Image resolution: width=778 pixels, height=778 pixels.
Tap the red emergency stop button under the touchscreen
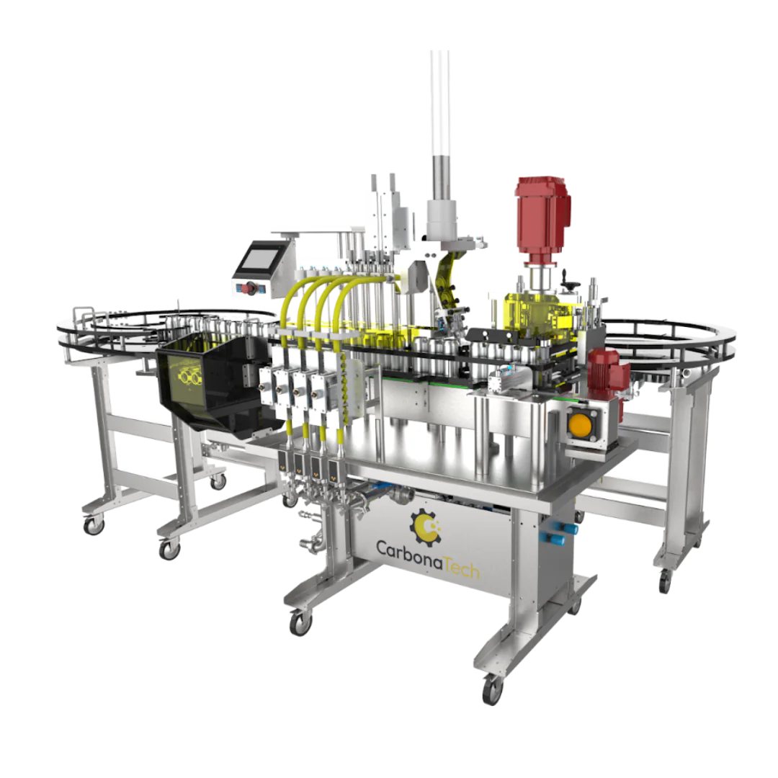click(250, 287)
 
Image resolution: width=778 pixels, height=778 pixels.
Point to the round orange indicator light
click(579, 424)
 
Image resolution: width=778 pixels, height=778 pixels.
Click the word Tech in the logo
click(462, 567)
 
